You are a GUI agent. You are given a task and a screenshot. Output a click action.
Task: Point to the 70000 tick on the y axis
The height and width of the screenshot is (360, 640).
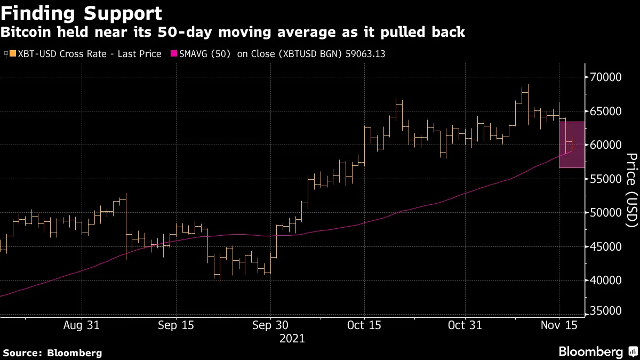tap(606, 77)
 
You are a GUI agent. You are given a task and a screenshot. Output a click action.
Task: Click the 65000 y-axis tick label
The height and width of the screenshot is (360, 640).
tap(606, 111)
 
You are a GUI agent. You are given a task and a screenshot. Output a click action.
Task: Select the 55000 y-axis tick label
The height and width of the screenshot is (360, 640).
tap(606, 179)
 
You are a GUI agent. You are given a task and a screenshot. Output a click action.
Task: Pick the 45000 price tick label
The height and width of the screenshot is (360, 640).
tap(606, 246)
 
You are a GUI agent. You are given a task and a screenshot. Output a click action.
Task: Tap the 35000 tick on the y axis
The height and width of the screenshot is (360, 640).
tap(606, 311)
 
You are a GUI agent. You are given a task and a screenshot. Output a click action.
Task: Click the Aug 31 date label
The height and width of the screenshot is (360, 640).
tap(82, 325)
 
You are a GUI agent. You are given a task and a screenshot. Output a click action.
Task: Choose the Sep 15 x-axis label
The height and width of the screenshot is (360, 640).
tap(176, 325)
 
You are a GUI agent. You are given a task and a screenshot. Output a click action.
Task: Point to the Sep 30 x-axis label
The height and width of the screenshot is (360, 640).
tap(270, 325)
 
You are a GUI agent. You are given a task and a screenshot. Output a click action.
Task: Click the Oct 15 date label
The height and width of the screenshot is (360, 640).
tap(364, 325)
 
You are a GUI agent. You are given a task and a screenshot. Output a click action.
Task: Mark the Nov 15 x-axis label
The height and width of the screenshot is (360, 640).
tap(558, 325)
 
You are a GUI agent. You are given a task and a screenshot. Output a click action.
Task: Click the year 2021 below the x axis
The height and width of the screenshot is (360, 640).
tap(292, 338)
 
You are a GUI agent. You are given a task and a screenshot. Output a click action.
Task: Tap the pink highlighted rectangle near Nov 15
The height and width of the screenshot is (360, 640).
tap(572, 145)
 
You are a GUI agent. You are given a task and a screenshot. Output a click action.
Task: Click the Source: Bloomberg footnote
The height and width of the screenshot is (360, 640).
tap(52, 353)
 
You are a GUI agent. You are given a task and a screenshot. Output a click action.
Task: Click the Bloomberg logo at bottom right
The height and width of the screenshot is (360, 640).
tap(597, 351)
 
